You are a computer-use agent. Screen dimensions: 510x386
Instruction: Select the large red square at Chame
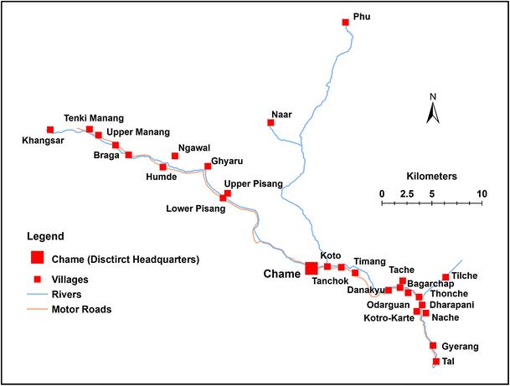(311, 268)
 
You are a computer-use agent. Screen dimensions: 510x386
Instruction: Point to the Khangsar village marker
(50, 130)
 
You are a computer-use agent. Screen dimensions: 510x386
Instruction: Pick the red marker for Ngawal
(175, 156)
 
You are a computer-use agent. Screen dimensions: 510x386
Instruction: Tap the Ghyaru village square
(208, 166)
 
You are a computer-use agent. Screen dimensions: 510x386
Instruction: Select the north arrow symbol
(433, 110)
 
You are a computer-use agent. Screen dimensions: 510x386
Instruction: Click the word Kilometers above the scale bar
(431, 177)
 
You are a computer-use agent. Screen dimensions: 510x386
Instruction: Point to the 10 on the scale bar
(482, 193)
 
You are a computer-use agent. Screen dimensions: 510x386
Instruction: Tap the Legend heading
(45, 237)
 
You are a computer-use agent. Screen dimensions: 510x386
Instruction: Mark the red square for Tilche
(446, 277)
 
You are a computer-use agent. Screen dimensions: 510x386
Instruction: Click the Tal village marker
(436, 362)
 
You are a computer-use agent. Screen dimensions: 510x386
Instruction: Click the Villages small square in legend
(37, 278)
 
